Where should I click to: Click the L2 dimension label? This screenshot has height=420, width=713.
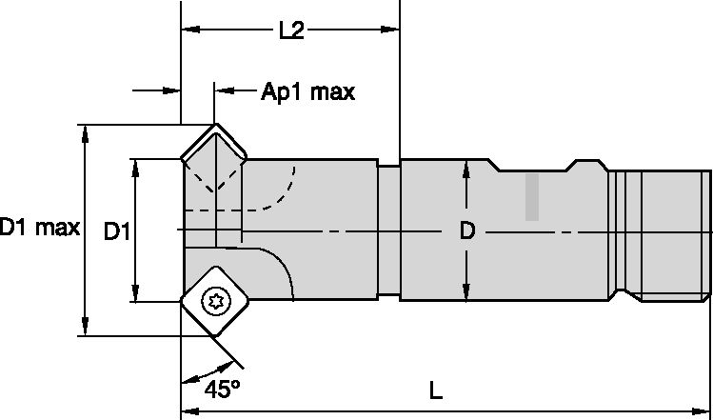tap(290, 32)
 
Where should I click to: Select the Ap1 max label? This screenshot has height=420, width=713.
tap(307, 91)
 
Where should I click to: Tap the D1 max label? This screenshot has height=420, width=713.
tap(39, 228)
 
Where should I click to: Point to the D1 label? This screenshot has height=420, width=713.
tap(116, 230)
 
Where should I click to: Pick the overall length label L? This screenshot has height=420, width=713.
tap(435, 390)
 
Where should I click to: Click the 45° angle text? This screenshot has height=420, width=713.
tap(220, 390)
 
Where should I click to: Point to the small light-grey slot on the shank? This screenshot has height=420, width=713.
tap(533, 198)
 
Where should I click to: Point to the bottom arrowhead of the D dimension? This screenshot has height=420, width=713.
tap(465, 290)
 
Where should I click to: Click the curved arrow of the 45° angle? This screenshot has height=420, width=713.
tap(196, 377)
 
